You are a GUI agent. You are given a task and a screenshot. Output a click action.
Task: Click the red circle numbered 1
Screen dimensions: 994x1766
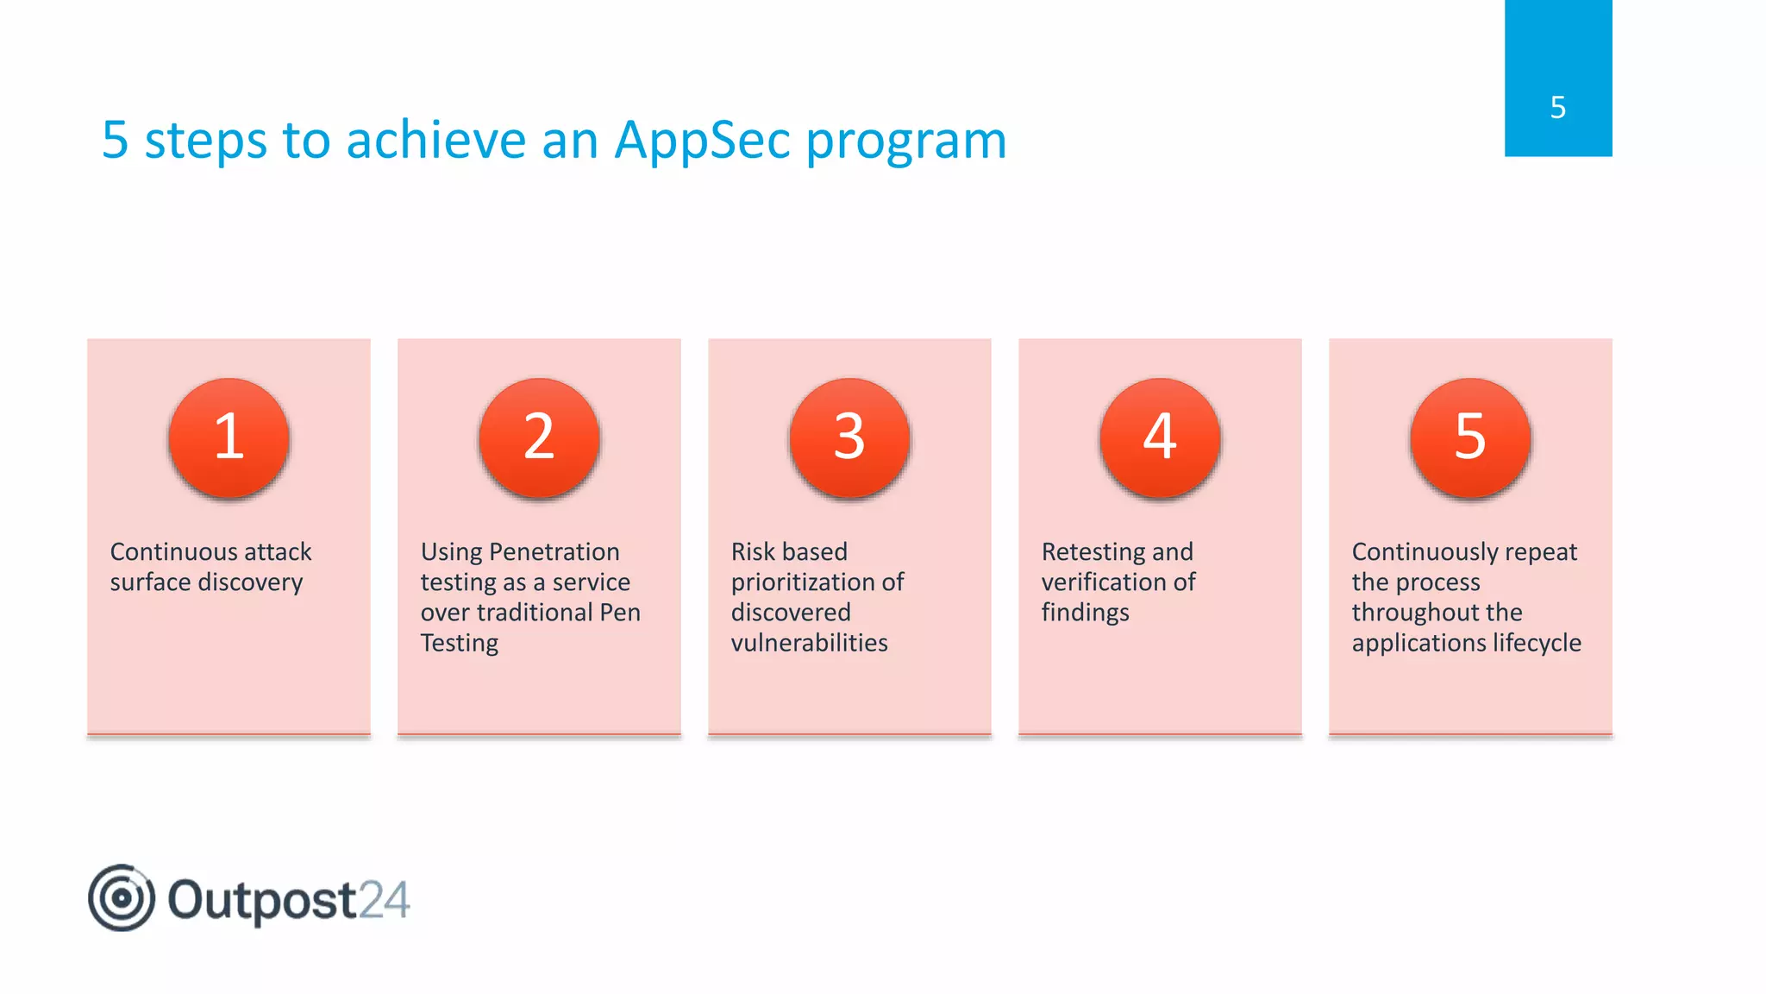click(229, 437)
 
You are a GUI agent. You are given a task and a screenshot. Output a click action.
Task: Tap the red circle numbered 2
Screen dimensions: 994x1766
click(539, 437)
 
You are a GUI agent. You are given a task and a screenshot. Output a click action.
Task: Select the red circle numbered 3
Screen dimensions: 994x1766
click(849, 437)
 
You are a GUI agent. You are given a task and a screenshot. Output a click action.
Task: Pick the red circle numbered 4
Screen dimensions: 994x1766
click(1160, 437)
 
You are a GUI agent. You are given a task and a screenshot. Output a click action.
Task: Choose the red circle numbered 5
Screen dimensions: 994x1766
click(1470, 437)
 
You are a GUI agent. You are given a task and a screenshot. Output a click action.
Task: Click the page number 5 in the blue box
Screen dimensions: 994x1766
click(1557, 108)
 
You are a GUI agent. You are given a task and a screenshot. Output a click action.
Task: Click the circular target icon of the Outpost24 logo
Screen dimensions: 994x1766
click(122, 898)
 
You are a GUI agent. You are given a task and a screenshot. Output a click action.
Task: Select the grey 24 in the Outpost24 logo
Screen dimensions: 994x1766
click(384, 900)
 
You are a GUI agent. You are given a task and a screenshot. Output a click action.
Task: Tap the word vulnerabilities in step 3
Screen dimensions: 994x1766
click(809, 643)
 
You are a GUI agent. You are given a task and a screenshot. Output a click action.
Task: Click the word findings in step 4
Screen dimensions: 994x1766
click(1085, 613)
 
